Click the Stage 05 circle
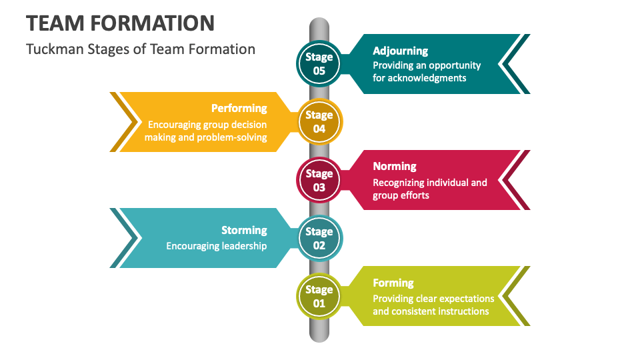[319, 64]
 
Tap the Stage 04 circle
[319, 122]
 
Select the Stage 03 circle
[319, 180]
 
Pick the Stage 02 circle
[319, 238]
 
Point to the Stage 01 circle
[319, 296]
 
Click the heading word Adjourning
[400, 51]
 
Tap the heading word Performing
[239, 108]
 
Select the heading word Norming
[394, 166]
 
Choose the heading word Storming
[244, 230]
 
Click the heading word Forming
[393, 283]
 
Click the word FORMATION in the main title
[153, 23]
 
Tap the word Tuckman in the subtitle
[51, 49]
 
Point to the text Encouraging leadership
[216, 246]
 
